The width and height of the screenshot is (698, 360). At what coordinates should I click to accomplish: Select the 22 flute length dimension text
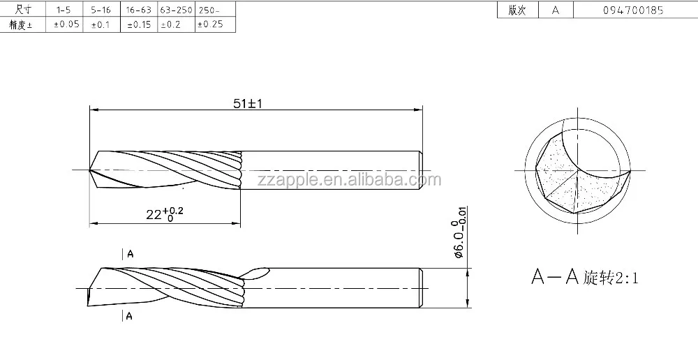coord(165,214)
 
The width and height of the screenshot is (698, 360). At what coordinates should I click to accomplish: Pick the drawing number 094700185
coord(633,10)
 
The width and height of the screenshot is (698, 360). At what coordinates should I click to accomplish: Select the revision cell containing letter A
coord(555,10)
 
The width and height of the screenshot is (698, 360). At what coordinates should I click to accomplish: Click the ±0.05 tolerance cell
coord(66,24)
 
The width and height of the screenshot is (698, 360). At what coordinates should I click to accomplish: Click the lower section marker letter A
coord(130,317)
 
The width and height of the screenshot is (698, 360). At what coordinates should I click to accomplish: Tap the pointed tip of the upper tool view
coord(90,170)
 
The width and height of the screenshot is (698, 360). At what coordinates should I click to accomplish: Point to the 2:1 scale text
coord(626,279)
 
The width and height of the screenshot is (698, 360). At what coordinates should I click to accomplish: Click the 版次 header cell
coord(517,10)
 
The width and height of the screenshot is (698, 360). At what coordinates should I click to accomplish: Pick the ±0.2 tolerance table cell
coord(174,24)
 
